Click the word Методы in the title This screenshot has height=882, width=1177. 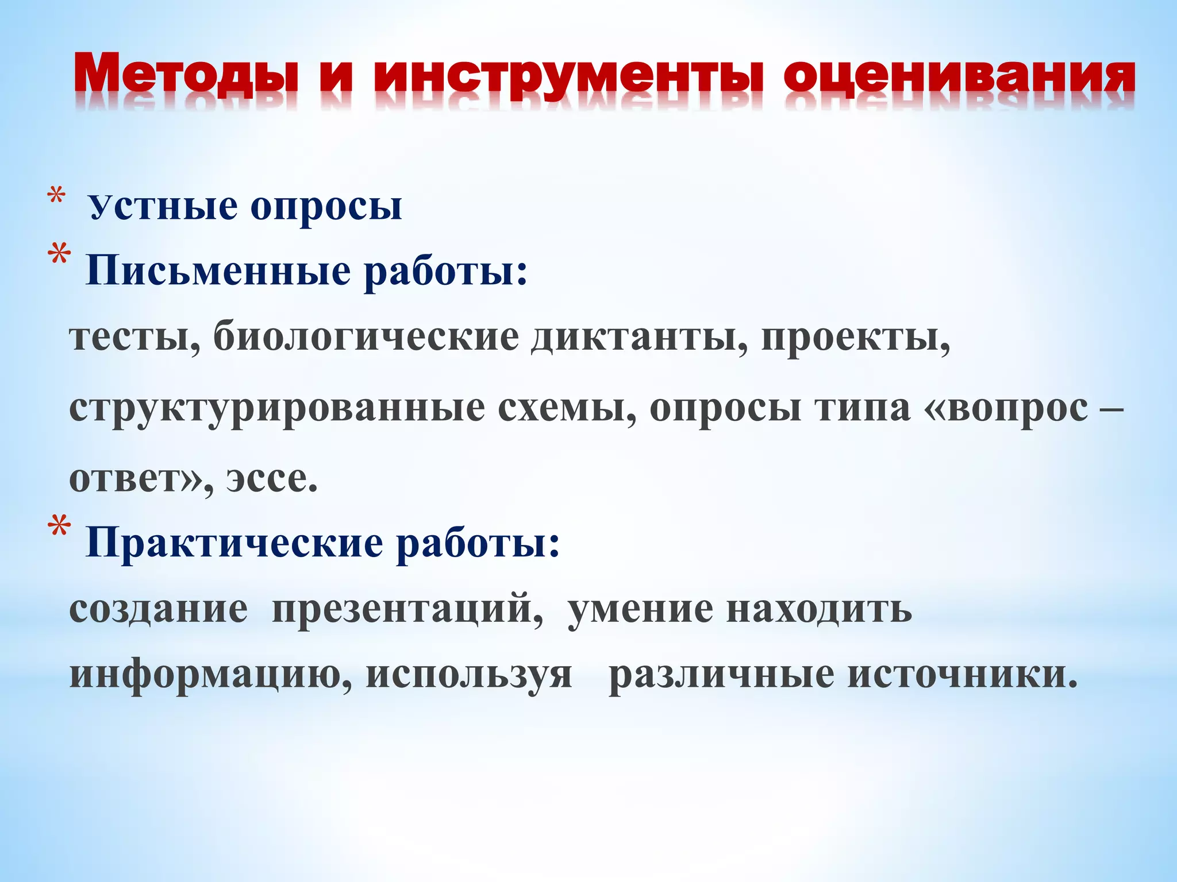(187, 75)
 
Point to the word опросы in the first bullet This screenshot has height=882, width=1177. (326, 207)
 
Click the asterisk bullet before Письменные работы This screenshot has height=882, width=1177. (60, 256)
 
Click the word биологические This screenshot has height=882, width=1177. (366, 338)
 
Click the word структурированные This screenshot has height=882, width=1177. (276, 409)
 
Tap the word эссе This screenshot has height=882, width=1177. (271, 479)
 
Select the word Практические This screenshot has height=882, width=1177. (234, 543)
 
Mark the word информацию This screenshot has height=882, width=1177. (210, 675)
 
